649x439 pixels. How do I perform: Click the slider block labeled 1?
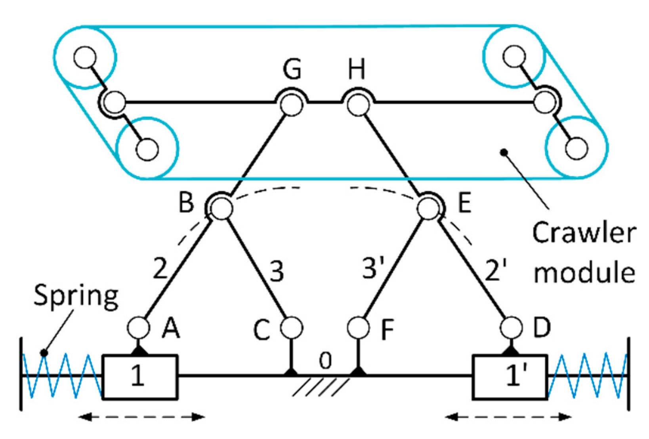click(x=140, y=377)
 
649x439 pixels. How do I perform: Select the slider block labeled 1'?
click(x=510, y=377)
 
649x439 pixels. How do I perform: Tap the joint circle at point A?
click(x=139, y=328)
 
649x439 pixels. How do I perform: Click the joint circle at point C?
click(x=292, y=328)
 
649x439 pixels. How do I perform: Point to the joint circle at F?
click(x=358, y=328)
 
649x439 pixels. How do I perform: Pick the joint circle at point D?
click(x=511, y=328)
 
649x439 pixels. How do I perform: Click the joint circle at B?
click(x=221, y=208)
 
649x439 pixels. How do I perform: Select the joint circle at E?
click(x=429, y=208)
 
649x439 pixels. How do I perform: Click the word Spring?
click(x=76, y=296)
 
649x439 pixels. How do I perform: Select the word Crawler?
click(x=584, y=232)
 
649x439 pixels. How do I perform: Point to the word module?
click(x=584, y=273)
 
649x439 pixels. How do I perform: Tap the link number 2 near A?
click(x=161, y=268)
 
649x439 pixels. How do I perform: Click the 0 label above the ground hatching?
click(x=325, y=361)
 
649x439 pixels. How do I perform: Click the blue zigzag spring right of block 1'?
click(x=587, y=376)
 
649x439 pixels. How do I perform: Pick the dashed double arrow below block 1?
click(x=141, y=417)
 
